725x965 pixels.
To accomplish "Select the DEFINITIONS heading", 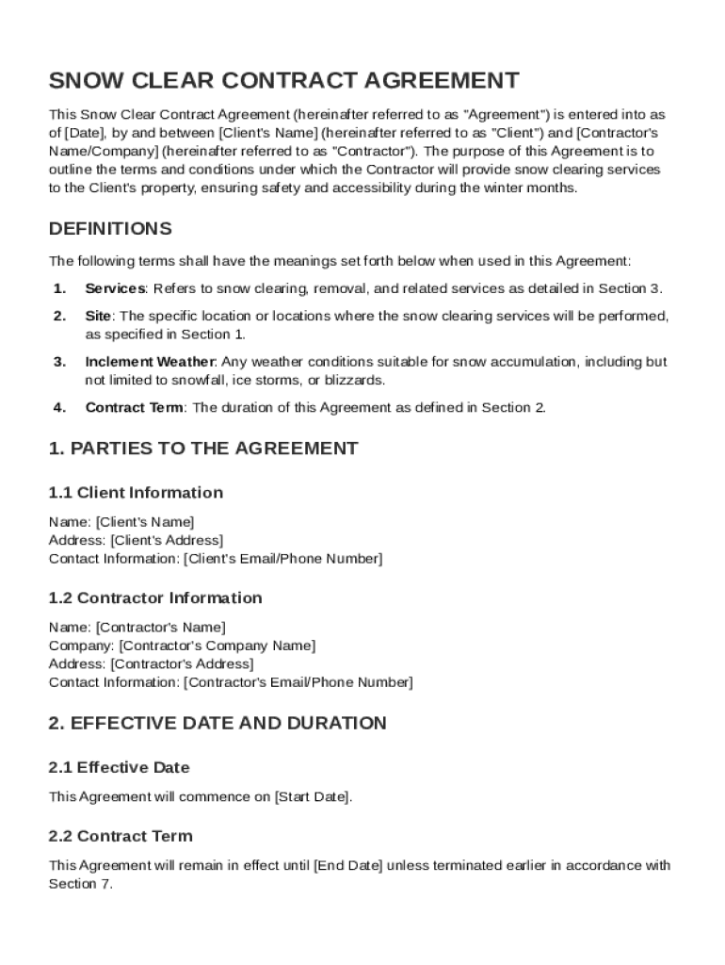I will point(110,229).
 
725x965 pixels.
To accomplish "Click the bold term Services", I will point(115,288).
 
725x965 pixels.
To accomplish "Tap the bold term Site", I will point(98,316).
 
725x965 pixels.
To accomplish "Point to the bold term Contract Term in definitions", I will point(135,408).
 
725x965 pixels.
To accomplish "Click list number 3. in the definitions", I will point(59,362).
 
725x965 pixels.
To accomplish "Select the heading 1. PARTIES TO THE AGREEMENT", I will point(203,449).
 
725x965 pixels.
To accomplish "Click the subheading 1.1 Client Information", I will point(136,493).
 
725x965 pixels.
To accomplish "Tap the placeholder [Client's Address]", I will point(167,541).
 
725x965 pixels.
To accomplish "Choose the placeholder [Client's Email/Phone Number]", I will point(282,560).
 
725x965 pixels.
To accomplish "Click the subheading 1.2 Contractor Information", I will point(155,598).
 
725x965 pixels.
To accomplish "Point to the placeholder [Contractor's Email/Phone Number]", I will point(298,682).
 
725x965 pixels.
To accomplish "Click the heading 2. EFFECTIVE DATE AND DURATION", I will point(217,724).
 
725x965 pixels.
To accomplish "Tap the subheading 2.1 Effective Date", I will point(119,768).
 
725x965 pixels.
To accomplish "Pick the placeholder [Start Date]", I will point(313,797).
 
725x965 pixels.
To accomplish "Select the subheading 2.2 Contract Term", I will point(121,837).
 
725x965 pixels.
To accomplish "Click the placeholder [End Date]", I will point(347,866).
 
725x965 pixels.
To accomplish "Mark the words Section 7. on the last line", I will point(80,885).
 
